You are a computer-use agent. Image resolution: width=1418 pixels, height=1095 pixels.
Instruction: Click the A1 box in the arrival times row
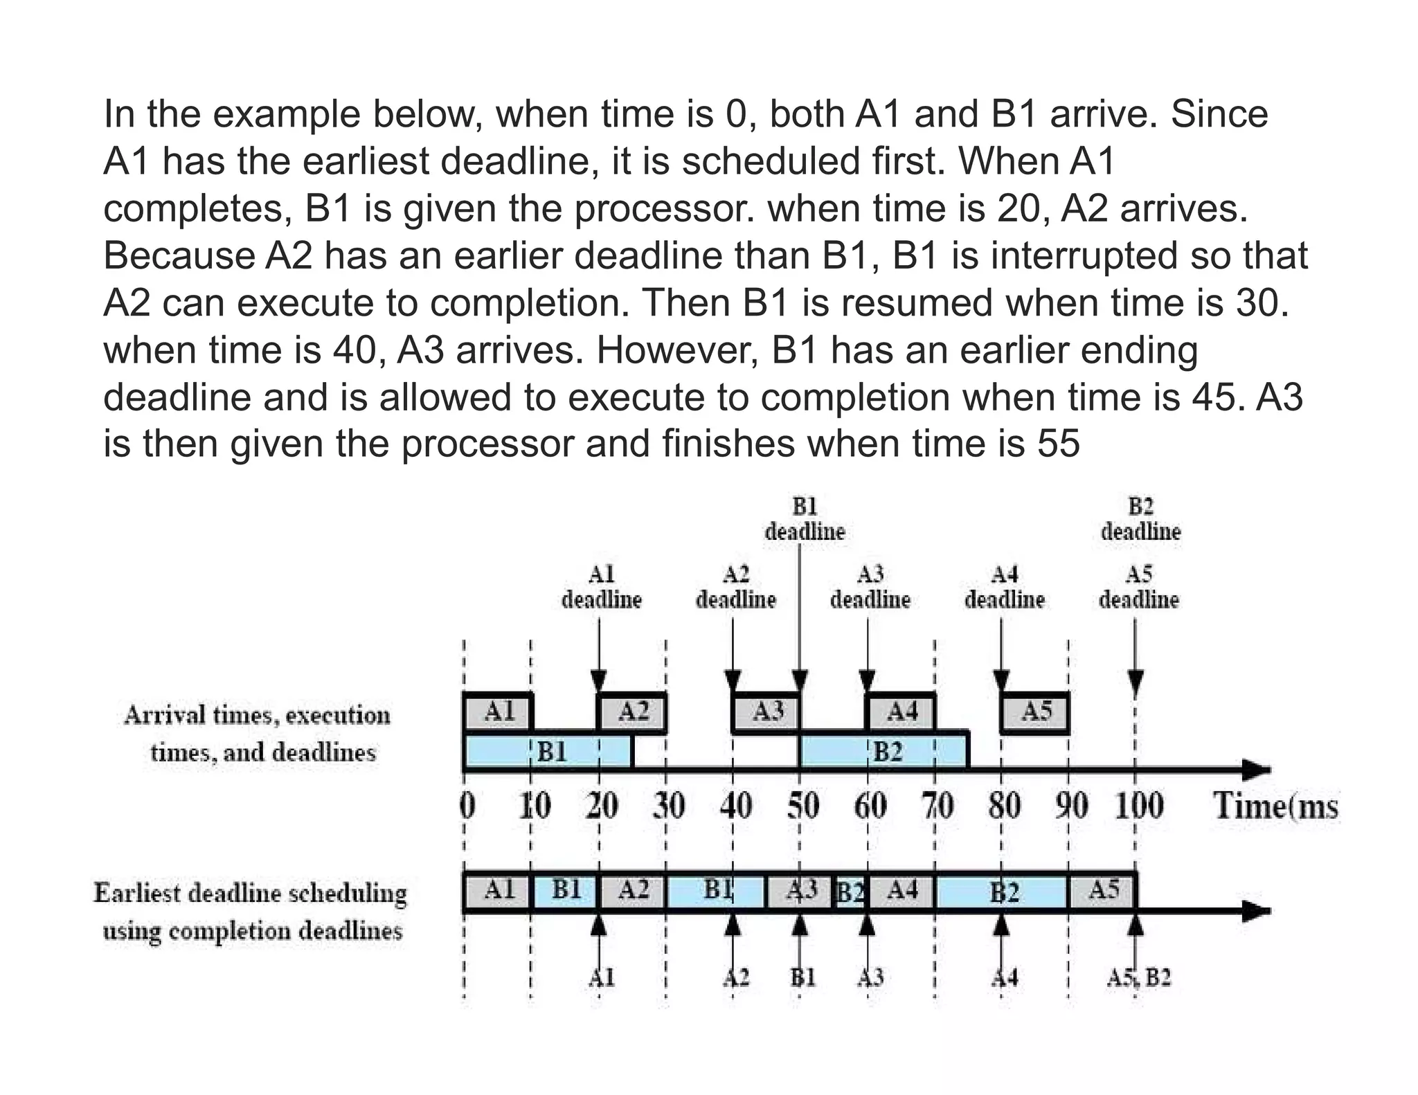coord(498,712)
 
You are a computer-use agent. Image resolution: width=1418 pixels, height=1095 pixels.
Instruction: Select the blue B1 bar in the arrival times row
coord(548,752)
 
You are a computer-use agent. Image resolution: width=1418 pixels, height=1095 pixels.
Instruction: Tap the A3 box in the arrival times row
coord(766,712)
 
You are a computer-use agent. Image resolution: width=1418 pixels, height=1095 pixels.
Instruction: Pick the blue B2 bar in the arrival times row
coord(883,752)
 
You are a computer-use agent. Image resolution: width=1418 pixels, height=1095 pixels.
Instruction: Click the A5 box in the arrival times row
coord(1035,712)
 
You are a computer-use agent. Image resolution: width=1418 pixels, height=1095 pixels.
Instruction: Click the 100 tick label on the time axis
coord(1138,806)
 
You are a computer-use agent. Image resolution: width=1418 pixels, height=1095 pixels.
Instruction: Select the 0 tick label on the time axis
coord(468,806)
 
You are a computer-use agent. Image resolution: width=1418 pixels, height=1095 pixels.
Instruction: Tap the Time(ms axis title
coord(1275,806)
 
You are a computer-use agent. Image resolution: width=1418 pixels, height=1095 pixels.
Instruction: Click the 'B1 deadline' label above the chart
coord(805,519)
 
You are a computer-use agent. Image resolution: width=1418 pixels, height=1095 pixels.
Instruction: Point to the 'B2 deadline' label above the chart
coord(1140,519)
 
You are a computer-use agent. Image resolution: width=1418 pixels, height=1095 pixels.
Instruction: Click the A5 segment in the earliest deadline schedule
coord(1102,892)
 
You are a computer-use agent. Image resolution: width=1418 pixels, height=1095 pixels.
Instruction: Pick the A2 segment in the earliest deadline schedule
coord(632,892)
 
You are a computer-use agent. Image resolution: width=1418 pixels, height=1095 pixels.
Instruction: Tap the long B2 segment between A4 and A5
coord(1002,893)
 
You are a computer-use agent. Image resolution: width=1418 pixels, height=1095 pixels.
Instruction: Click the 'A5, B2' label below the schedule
coord(1138,978)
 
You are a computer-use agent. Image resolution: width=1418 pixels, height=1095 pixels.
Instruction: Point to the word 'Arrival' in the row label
coord(163,715)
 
